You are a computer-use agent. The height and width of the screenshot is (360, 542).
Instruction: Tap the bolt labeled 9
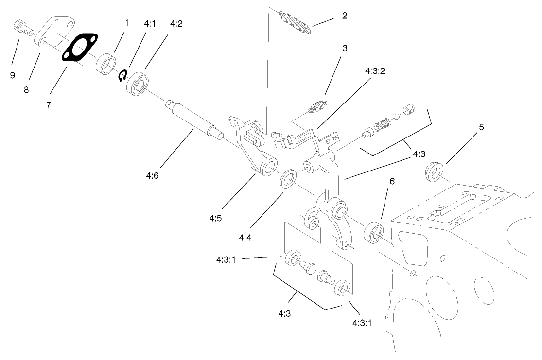[x=22, y=27]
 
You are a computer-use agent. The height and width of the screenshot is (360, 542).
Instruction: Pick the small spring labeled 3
[x=317, y=105]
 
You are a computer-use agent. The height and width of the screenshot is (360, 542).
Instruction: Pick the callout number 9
[x=13, y=75]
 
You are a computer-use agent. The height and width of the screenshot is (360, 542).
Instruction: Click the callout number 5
[x=481, y=127]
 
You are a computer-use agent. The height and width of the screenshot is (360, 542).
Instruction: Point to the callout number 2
[x=344, y=15]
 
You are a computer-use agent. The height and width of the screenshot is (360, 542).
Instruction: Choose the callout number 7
[x=48, y=105]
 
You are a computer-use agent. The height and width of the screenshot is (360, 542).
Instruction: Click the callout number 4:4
[x=245, y=238]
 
